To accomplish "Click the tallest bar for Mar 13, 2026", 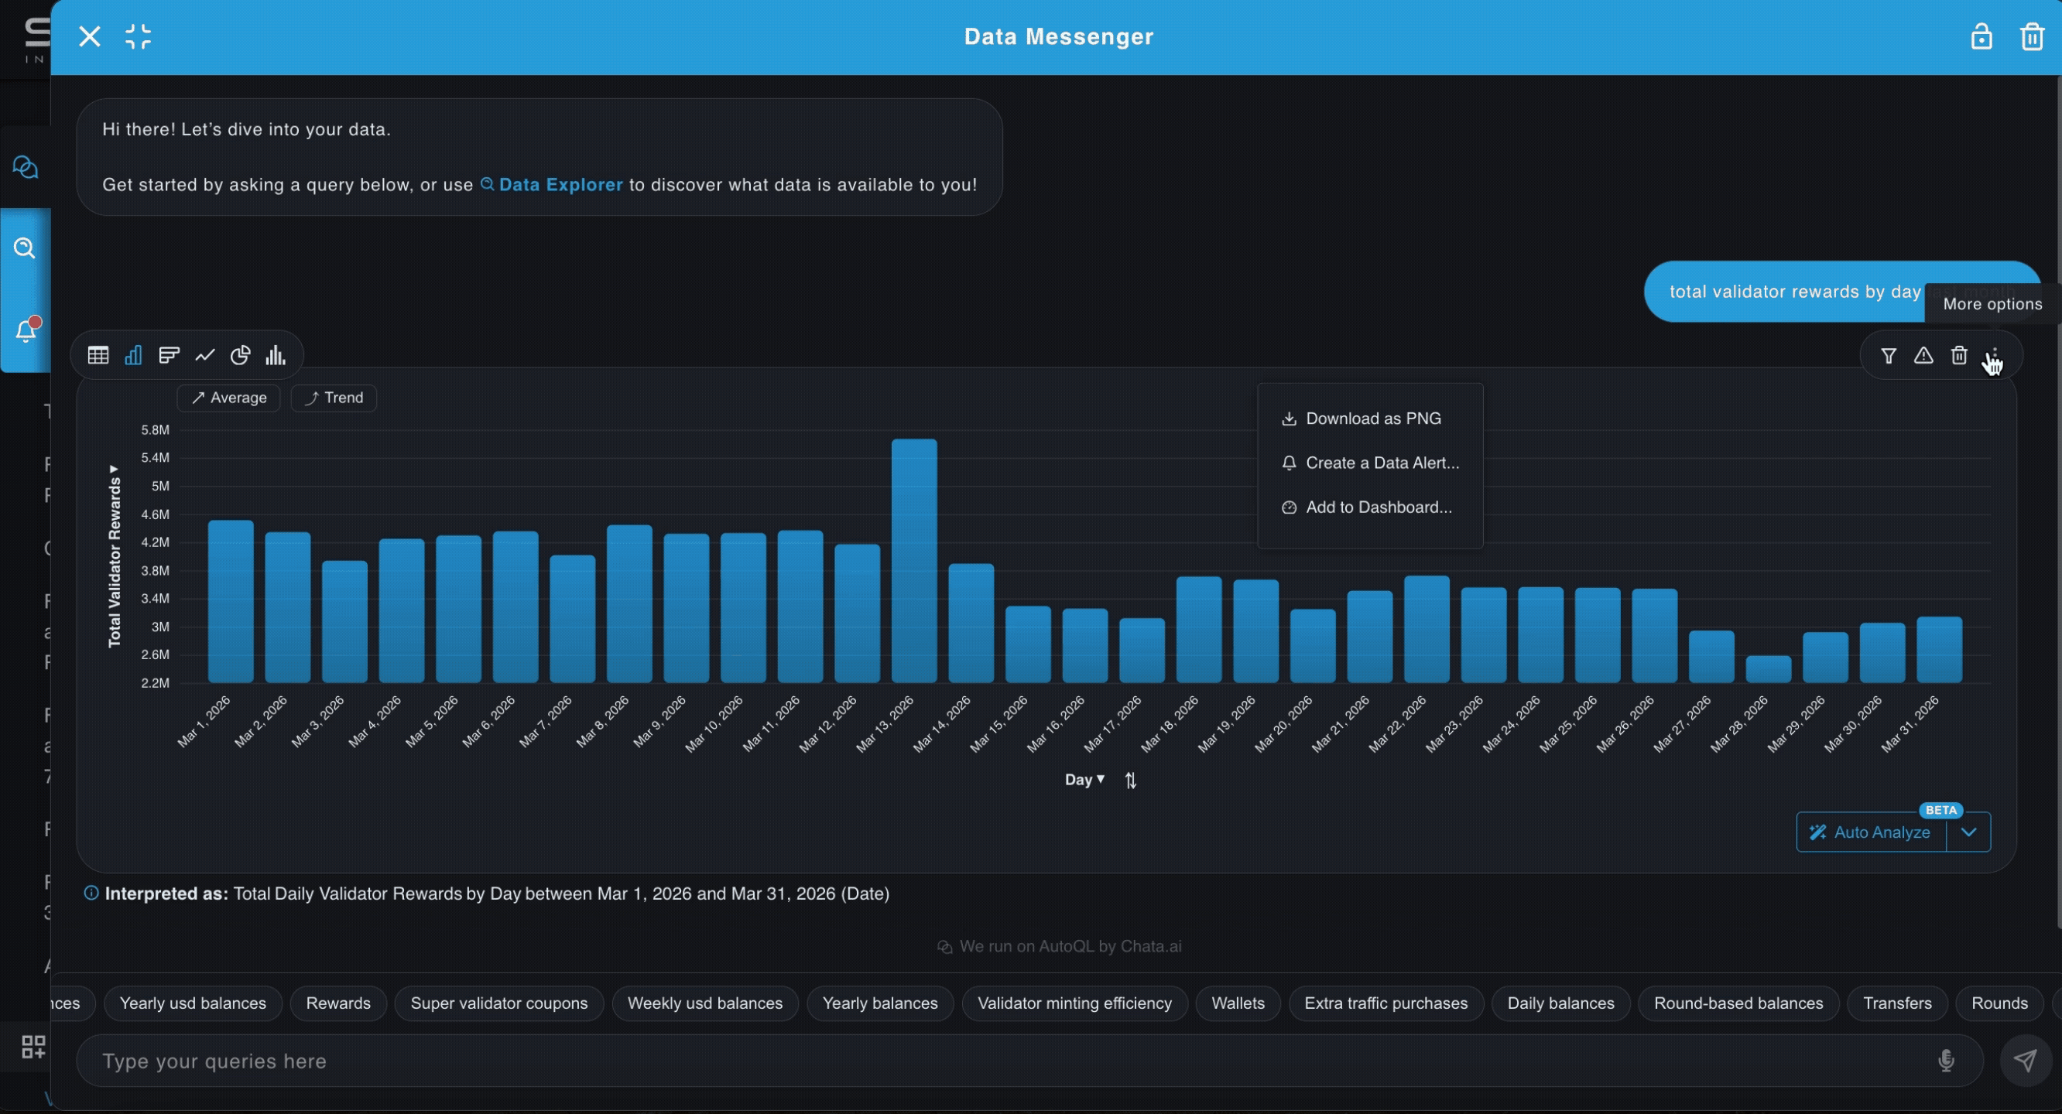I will (914, 560).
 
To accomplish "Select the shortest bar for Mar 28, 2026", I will (1768, 669).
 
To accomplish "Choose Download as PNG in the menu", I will (1372, 419).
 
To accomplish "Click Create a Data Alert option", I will (1381, 463).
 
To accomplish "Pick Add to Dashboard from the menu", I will (1378, 507).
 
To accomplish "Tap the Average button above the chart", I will (229, 398).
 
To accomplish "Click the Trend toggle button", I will (334, 398).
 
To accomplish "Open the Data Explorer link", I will (560, 185).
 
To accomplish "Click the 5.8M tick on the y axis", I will (156, 430).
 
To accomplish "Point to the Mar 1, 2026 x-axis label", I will (204, 721).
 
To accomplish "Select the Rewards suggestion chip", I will (337, 1003).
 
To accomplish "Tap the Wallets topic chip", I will (1238, 1003).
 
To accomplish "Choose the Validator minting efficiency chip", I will (1074, 1003).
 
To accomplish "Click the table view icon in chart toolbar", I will (98, 355).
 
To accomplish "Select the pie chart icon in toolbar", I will (240, 355).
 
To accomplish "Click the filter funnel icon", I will (1889, 355).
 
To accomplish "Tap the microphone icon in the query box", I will (1946, 1061).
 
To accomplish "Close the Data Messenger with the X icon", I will (90, 37).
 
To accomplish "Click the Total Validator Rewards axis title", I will (115, 560).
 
